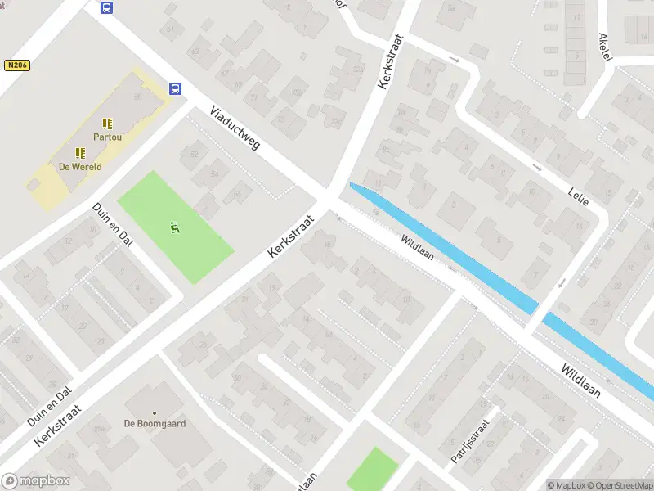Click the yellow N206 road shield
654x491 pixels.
point(17,65)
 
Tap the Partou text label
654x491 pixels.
point(107,137)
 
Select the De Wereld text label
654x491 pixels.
point(79,166)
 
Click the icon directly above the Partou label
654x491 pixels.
point(107,124)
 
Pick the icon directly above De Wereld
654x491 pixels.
point(79,152)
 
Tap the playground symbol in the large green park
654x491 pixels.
point(173,226)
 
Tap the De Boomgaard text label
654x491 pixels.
point(155,424)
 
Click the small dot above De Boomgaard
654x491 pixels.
point(155,412)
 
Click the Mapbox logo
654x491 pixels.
point(35,481)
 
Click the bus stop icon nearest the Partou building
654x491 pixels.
point(175,88)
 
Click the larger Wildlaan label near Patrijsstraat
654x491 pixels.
point(580,381)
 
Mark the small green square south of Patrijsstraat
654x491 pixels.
point(372,470)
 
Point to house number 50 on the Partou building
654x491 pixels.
point(137,97)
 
